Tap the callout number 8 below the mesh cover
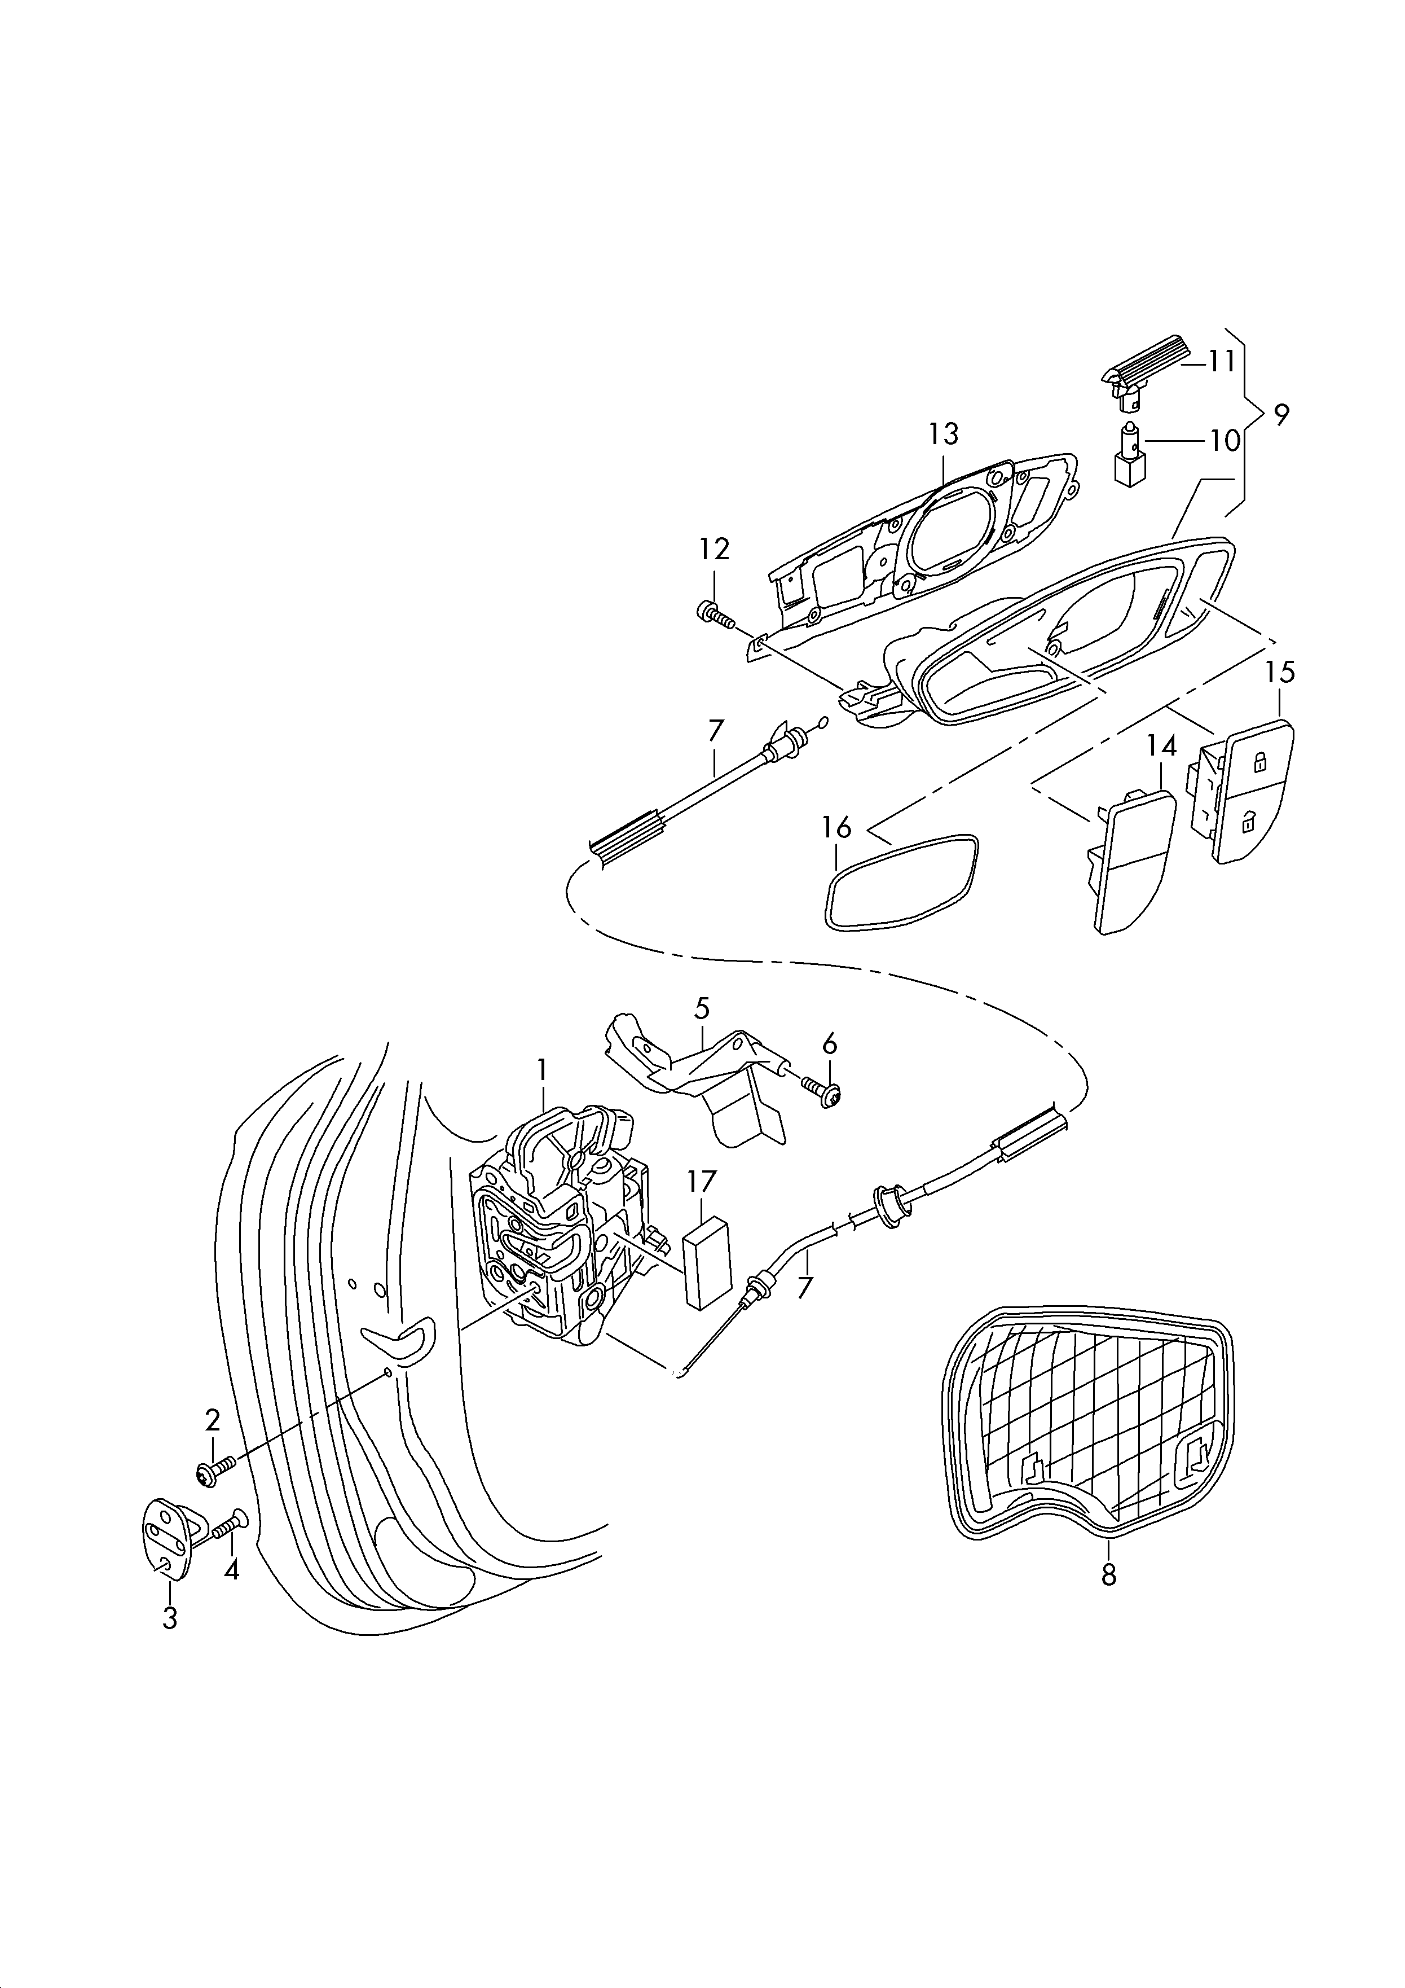click(x=1109, y=1575)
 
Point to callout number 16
click(x=836, y=828)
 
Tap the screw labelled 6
click(x=822, y=1092)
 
